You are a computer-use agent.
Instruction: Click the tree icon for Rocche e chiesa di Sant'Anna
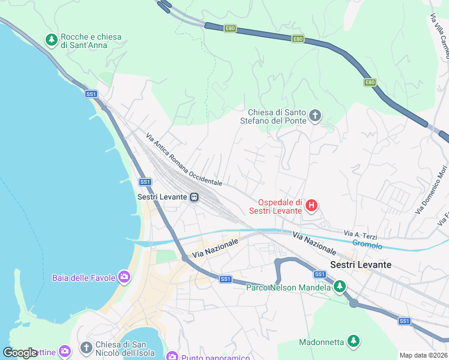click(x=52, y=40)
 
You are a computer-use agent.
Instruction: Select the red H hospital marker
click(x=311, y=206)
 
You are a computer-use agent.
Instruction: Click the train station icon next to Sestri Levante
click(x=194, y=197)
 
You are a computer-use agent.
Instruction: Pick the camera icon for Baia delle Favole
click(x=124, y=277)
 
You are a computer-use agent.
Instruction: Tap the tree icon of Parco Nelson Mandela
click(x=340, y=287)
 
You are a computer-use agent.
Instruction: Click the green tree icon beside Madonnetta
click(x=354, y=342)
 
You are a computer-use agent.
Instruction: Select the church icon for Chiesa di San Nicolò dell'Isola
click(x=86, y=348)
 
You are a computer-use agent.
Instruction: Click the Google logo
click(x=20, y=353)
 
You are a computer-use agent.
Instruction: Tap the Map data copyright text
click(x=424, y=355)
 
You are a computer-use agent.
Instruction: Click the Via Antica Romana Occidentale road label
click(x=184, y=159)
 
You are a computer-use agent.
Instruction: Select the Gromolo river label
click(x=367, y=244)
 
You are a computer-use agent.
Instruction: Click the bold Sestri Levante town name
click(x=361, y=265)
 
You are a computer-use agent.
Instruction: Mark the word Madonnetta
click(x=322, y=342)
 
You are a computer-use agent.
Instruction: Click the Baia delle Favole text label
click(x=84, y=278)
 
